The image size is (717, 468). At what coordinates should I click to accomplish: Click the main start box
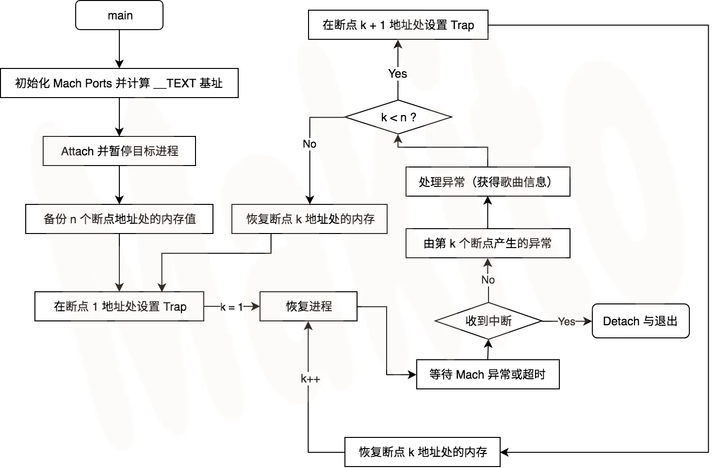point(119,16)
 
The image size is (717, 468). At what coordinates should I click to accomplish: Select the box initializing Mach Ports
point(119,83)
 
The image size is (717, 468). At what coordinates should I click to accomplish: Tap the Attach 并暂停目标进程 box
point(119,151)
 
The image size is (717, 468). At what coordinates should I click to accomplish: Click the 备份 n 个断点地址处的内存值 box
point(119,219)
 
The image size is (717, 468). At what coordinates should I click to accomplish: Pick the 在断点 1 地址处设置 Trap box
point(119,306)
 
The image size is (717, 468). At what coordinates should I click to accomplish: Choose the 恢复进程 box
point(309,306)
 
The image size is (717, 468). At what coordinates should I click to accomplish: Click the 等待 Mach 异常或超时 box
point(488,374)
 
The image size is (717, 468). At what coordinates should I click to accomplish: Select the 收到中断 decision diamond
point(488,321)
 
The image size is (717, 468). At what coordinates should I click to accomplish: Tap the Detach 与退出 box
point(640,321)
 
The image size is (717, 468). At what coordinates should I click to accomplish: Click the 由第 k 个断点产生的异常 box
point(488,243)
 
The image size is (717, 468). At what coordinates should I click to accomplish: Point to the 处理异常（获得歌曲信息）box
point(488,182)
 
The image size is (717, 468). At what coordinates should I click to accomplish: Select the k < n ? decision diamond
point(398,117)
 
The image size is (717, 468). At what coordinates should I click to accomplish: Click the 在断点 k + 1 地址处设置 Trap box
point(398,25)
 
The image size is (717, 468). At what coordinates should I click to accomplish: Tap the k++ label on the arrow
point(310,379)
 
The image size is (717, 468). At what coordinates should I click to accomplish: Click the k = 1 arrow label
point(231,307)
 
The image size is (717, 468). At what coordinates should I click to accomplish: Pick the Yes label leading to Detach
point(566,321)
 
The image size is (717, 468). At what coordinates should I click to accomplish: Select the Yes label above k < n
point(398,74)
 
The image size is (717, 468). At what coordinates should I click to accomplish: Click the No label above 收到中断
point(488,280)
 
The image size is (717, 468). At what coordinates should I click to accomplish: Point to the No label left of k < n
point(310,144)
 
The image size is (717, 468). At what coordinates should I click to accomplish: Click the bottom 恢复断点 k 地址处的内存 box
point(423,452)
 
